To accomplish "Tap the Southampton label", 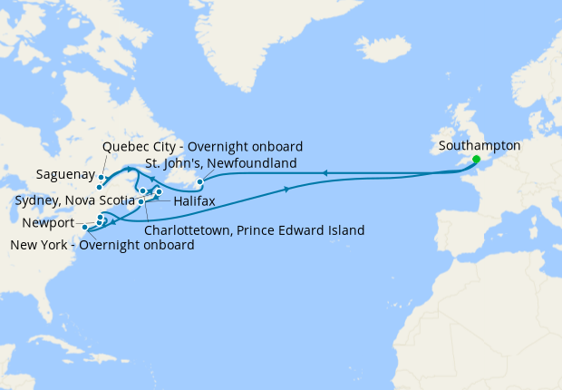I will [479, 145].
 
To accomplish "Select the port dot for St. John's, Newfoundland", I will [199, 182].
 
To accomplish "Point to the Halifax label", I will [194, 200].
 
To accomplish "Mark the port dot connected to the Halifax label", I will [141, 201].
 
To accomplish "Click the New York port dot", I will [84, 228].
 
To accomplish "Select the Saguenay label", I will [63, 172].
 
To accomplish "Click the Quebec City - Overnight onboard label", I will [202, 146].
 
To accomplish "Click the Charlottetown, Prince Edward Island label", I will [255, 230].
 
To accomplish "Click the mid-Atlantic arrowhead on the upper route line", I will [323, 172].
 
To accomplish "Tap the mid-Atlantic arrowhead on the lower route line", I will [289, 189].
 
